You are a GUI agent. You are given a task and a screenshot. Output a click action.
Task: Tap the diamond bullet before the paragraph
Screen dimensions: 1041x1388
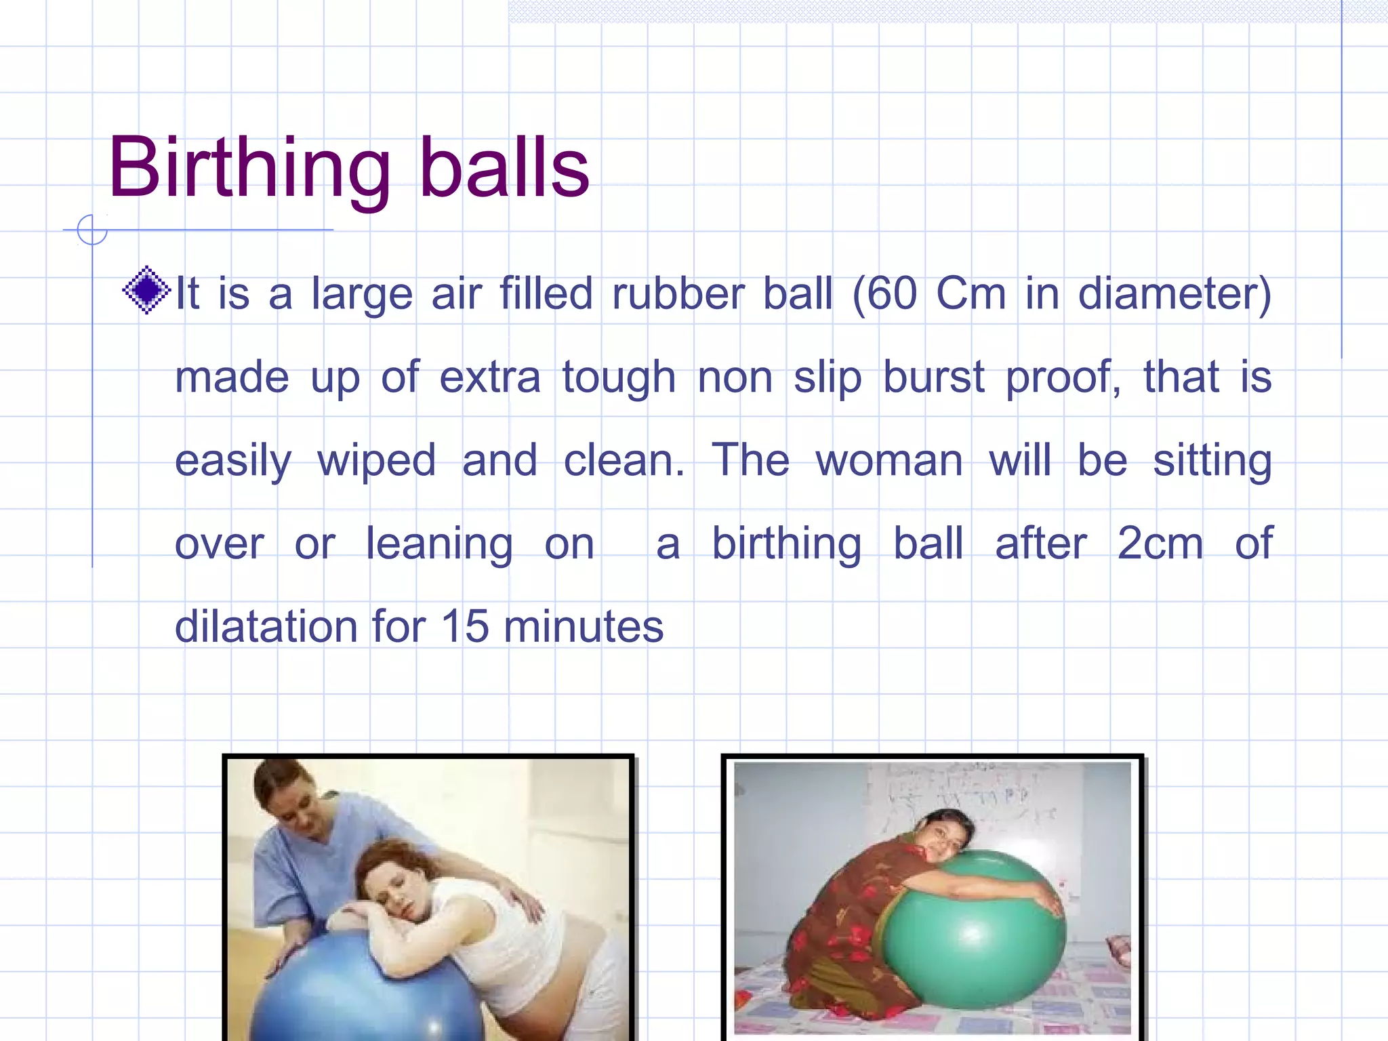[x=146, y=291]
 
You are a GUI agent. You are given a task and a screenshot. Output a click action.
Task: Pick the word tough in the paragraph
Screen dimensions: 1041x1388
[x=619, y=377]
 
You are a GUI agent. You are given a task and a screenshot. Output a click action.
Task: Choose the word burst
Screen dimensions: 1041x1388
[x=933, y=377]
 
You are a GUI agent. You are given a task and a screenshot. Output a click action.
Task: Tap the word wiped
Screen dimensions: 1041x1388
[x=377, y=462]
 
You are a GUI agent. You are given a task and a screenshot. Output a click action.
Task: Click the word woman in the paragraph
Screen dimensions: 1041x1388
[x=889, y=462]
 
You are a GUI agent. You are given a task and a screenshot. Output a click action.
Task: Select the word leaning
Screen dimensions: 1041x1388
[x=439, y=545]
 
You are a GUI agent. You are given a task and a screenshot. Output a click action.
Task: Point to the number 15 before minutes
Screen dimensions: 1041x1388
[x=465, y=627]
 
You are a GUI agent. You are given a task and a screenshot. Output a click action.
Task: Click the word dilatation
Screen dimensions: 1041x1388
[x=265, y=627]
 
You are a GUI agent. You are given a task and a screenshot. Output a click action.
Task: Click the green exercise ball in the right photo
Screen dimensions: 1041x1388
[x=976, y=935]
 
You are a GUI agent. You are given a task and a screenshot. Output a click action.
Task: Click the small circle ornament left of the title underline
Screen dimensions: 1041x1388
[x=92, y=230]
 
